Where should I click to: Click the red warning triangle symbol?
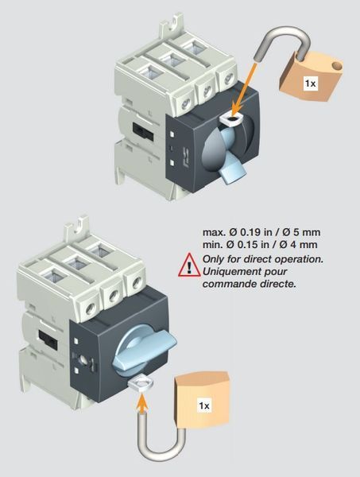click(x=189, y=266)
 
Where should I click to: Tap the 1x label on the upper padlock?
click(x=310, y=83)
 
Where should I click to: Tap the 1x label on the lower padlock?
click(x=204, y=405)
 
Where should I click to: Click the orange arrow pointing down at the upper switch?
click(x=245, y=89)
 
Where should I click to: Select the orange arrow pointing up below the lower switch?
click(x=141, y=402)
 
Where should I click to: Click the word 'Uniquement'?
click(x=233, y=271)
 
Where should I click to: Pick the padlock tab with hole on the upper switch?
click(x=232, y=119)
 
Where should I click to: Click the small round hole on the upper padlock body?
click(x=337, y=65)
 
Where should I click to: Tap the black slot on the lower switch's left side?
click(x=48, y=340)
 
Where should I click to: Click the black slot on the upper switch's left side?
click(x=143, y=131)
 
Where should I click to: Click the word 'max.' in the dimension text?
click(x=214, y=232)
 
